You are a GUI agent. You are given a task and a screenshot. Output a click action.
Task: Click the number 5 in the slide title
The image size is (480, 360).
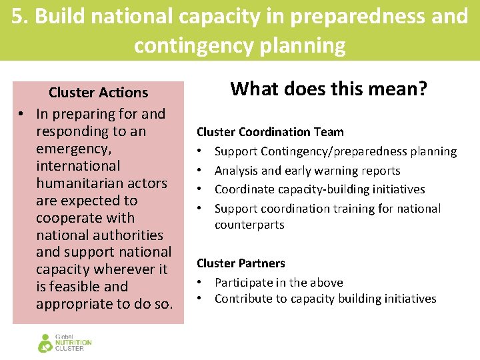pyautogui.click(x=17, y=16)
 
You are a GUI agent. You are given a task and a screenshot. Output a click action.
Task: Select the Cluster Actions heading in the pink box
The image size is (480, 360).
pyautogui.click(x=98, y=93)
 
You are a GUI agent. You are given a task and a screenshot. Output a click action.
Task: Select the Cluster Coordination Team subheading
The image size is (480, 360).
pyautogui.click(x=270, y=132)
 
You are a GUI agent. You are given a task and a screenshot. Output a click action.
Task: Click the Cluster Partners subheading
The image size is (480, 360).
pyautogui.click(x=241, y=263)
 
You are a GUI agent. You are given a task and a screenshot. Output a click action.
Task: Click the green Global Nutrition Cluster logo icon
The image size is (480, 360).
pyautogui.click(x=45, y=343)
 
